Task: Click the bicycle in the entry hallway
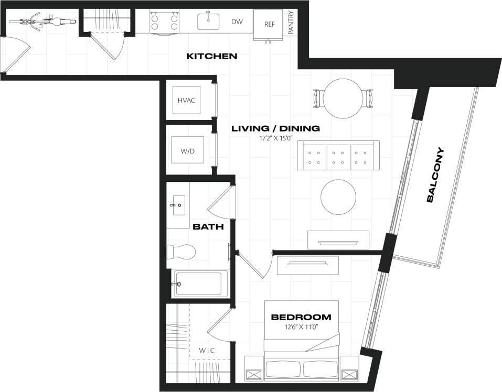tap(42, 22)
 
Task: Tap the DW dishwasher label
tap(237, 22)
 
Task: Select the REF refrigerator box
tap(269, 24)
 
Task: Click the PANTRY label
tap(291, 23)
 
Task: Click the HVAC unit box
tap(186, 100)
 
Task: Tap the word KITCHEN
tap(212, 56)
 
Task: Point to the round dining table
tap(344, 98)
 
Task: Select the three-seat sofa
tap(338, 156)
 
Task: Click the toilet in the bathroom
tap(180, 252)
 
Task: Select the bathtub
tap(201, 284)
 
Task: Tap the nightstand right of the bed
tap(349, 368)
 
